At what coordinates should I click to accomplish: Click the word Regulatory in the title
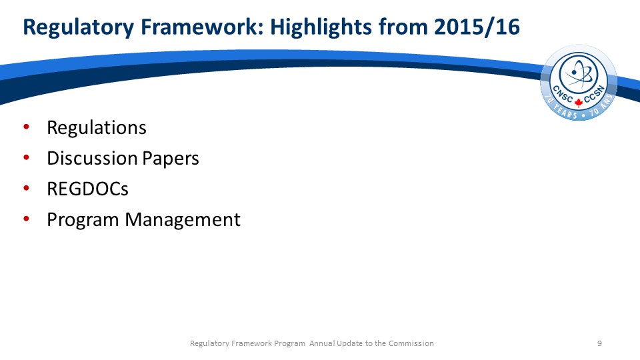78,28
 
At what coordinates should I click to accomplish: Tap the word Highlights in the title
321,28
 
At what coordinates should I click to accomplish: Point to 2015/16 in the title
477,27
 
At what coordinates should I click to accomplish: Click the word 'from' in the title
403,27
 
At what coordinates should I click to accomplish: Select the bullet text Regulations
96,128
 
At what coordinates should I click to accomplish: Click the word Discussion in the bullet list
92,158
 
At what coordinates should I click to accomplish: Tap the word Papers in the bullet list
171,159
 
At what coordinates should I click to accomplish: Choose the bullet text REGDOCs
88,189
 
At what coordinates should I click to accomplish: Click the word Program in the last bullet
83,220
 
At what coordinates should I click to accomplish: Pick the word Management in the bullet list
183,220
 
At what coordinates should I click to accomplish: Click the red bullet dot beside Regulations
27,127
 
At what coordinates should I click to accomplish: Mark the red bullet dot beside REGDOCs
27,188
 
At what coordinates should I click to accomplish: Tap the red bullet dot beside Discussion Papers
27,157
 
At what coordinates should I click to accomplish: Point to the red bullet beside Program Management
27,219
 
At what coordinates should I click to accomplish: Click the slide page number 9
599,343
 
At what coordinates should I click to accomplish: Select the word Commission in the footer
411,343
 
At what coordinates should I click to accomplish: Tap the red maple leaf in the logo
579,102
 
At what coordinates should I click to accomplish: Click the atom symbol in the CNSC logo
579,74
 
